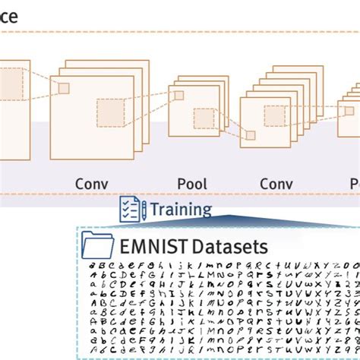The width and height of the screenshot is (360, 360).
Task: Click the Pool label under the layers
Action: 191,184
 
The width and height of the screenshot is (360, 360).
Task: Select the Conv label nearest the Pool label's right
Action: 276,184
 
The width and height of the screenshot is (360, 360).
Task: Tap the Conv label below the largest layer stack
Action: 91,184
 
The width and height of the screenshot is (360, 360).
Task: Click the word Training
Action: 181,210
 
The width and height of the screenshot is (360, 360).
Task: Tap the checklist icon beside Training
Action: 132,210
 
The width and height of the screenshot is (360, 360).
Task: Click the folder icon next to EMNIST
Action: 97,245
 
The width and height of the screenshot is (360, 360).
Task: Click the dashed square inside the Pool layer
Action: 204,119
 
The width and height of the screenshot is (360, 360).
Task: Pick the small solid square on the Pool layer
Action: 178,96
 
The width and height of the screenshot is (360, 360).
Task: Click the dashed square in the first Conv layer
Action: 111,112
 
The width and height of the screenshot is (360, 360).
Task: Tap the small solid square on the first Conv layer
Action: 64,88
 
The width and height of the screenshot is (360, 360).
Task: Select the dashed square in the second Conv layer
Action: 275,115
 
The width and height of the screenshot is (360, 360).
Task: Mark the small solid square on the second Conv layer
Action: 250,135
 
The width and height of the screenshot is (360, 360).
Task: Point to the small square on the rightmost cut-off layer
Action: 349,110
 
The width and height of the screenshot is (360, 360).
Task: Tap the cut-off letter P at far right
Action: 355,184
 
